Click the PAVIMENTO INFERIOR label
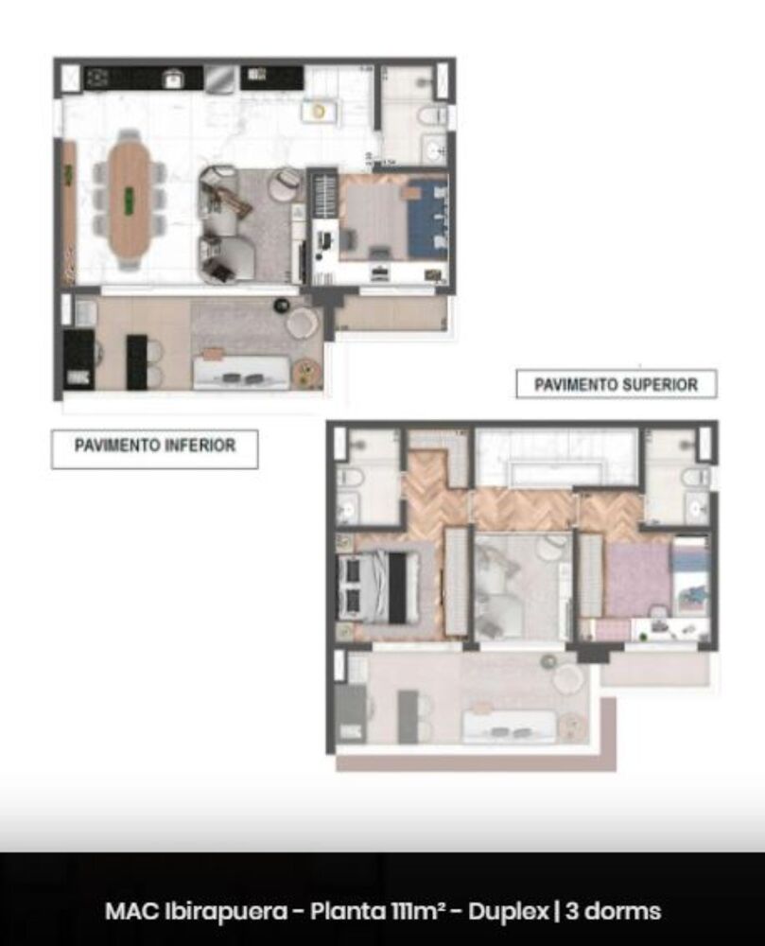click(154, 445)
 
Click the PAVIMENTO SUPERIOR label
click(616, 385)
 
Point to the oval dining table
click(130, 199)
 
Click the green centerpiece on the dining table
click(130, 201)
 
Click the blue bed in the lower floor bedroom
click(426, 219)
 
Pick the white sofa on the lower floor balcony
click(241, 372)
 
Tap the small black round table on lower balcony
click(282, 304)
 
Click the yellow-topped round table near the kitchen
click(320, 111)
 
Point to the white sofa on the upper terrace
click(507, 725)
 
